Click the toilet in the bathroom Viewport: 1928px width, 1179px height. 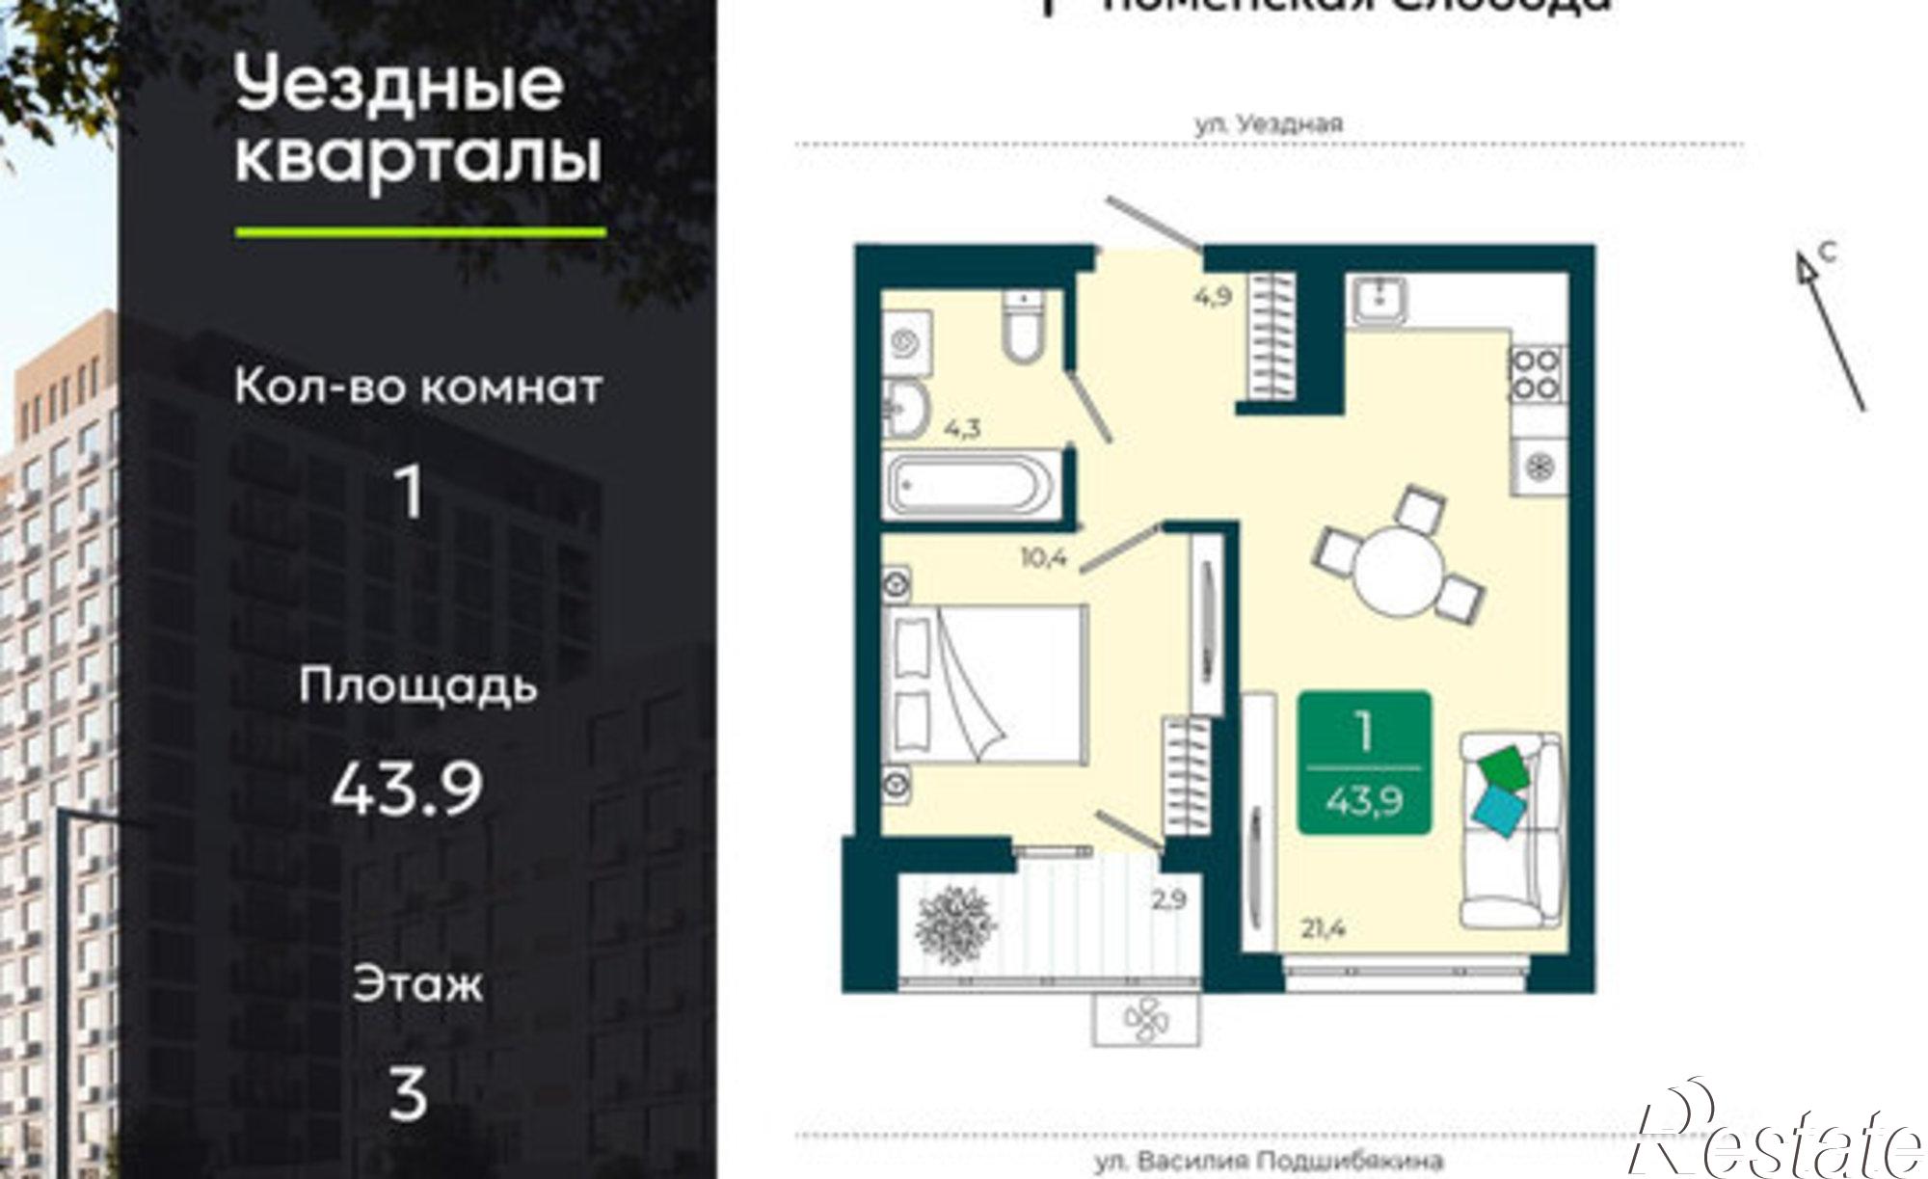click(x=1023, y=328)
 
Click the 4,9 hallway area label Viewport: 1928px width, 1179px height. click(x=1213, y=297)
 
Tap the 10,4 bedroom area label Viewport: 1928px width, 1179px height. click(x=1045, y=557)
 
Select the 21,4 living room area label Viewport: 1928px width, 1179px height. click(x=1323, y=928)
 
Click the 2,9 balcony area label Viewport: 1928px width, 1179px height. click(x=1168, y=899)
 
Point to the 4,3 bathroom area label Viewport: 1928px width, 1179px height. click(x=962, y=427)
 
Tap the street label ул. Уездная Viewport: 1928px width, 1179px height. click(x=1269, y=124)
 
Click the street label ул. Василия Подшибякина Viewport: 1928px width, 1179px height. click(x=1269, y=1162)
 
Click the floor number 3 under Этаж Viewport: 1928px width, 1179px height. click(x=408, y=1094)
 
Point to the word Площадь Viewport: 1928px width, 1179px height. click(x=417, y=686)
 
